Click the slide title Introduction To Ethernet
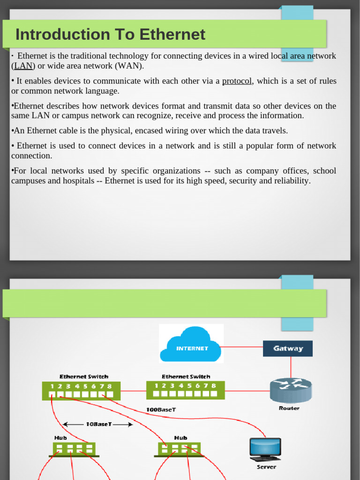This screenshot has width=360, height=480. [x=110, y=35]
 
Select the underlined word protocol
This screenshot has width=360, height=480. [x=237, y=81]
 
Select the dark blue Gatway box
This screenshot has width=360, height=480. [x=288, y=348]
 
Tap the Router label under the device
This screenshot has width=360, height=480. [x=289, y=408]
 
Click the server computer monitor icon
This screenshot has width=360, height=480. [x=265, y=449]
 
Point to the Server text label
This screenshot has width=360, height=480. [x=266, y=467]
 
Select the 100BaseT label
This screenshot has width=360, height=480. [x=161, y=409]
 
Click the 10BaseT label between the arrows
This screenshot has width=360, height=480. [x=98, y=424]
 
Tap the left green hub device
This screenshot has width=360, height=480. [x=75, y=449]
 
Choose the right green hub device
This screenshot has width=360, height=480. [x=179, y=449]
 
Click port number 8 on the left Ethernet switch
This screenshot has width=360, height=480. [x=109, y=386]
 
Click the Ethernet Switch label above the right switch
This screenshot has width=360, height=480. [x=186, y=376]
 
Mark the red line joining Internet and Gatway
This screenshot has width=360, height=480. [x=242, y=347]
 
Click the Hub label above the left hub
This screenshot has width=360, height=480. [x=60, y=438]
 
